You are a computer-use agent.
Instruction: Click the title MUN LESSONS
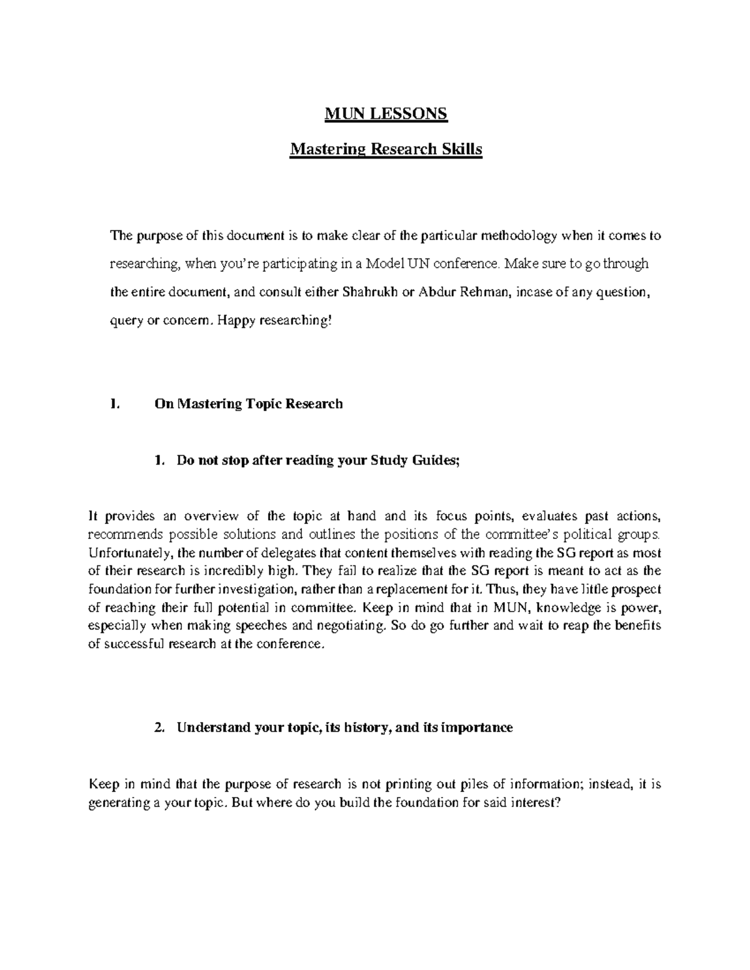[x=386, y=114]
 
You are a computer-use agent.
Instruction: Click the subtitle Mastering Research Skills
[x=386, y=150]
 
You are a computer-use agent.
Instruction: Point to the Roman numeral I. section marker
[x=112, y=403]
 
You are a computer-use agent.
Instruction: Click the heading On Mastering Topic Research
[x=248, y=403]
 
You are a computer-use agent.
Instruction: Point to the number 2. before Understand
[x=159, y=728]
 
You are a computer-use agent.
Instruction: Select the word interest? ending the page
[x=537, y=803]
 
